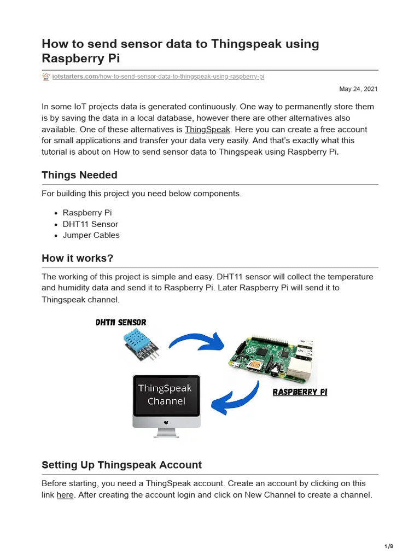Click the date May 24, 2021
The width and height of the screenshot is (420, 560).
[358, 89]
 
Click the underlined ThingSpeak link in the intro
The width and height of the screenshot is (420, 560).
[207, 130]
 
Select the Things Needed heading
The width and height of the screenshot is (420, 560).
[79, 175]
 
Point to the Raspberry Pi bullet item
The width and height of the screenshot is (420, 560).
[87, 213]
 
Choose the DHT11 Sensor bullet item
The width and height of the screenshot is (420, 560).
[90, 224]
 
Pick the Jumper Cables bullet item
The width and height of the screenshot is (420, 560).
[91, 235]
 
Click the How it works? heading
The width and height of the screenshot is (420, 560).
[77, 258]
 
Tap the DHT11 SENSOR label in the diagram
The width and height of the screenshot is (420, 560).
[121, 323]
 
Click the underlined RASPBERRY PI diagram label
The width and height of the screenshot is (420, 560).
[300, 392]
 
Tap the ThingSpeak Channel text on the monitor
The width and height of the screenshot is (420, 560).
[166, 395]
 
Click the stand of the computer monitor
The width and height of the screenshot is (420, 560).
[166, 433]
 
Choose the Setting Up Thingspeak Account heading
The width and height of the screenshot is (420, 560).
[121, 465]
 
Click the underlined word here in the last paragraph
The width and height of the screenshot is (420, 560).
[65, 495]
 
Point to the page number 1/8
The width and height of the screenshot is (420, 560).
[389, 546]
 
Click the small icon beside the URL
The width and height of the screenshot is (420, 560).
[46, 77]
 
